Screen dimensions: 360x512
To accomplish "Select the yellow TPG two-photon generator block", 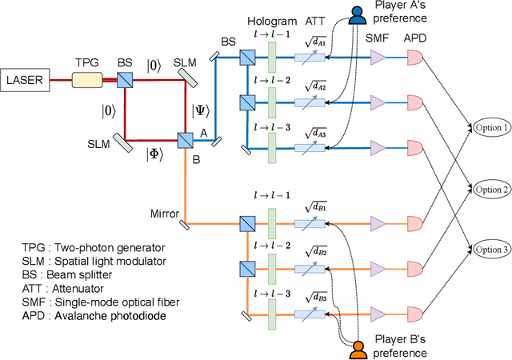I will (88, 79).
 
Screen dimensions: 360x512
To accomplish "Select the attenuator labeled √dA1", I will (311, 58).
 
